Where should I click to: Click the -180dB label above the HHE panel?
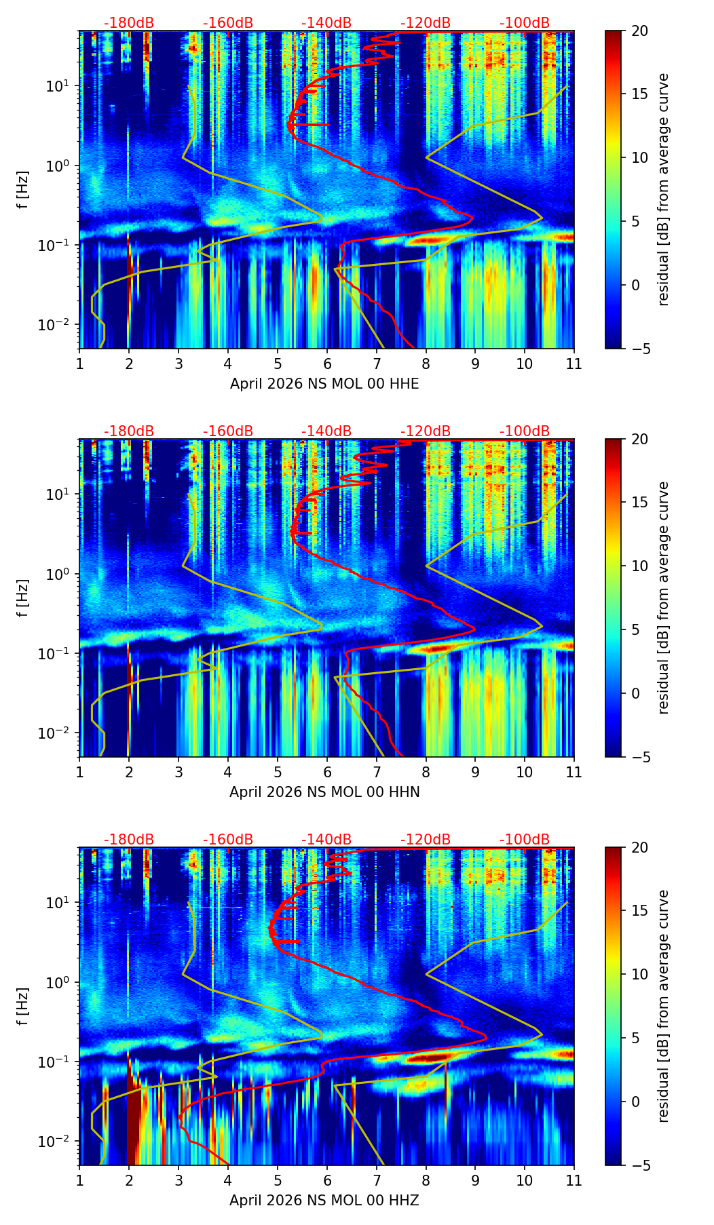click(x=129, y=23)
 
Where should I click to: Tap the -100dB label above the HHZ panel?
click(x=525, y=840)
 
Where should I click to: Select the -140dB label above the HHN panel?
click(x=326, y=431)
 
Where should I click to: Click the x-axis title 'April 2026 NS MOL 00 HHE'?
click(x=324, y=384)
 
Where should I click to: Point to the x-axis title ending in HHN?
click(x=324, y=792)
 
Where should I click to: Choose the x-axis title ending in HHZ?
click(x=324, y=1201)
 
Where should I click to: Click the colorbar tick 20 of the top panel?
click(x=639, y=31)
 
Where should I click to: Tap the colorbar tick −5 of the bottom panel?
click(x=639, y=1165)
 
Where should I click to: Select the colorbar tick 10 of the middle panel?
click(x=639, y=566)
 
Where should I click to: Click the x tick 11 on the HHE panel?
click(x=574, y=364)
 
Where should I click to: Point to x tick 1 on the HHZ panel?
click(x=79, y=1180)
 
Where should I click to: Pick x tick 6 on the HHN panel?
click(x=326, y=772)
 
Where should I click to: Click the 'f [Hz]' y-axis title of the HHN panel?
click(x=24, y=598)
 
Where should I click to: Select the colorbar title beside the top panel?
click(x=664, y=189)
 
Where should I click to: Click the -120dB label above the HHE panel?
click(x=426, y=23)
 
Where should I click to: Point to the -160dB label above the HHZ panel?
click(x=228, y=840)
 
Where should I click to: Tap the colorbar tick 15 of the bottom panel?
click(x=639, y=910)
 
